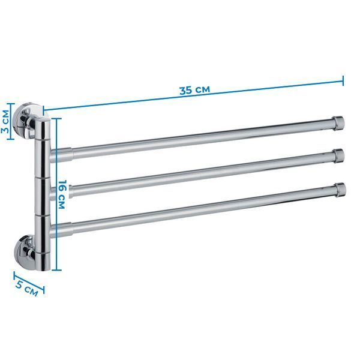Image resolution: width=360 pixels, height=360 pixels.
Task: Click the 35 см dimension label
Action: click(x=194, y=90)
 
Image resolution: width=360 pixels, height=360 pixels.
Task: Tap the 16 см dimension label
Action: click(x=61, y=194)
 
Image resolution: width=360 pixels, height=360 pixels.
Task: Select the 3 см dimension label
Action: click(x=5, y=122)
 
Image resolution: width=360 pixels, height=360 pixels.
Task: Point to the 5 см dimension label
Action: click(x=26, y=288)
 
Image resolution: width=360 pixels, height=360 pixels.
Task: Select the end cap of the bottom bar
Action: click(x=340, y=190)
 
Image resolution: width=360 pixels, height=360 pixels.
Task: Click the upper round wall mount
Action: click(x=25, y=121)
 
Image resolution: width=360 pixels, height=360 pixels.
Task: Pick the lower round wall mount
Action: click(x=25, y=252)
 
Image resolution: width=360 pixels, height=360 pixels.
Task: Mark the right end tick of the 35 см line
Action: click(x=343, y=80)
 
